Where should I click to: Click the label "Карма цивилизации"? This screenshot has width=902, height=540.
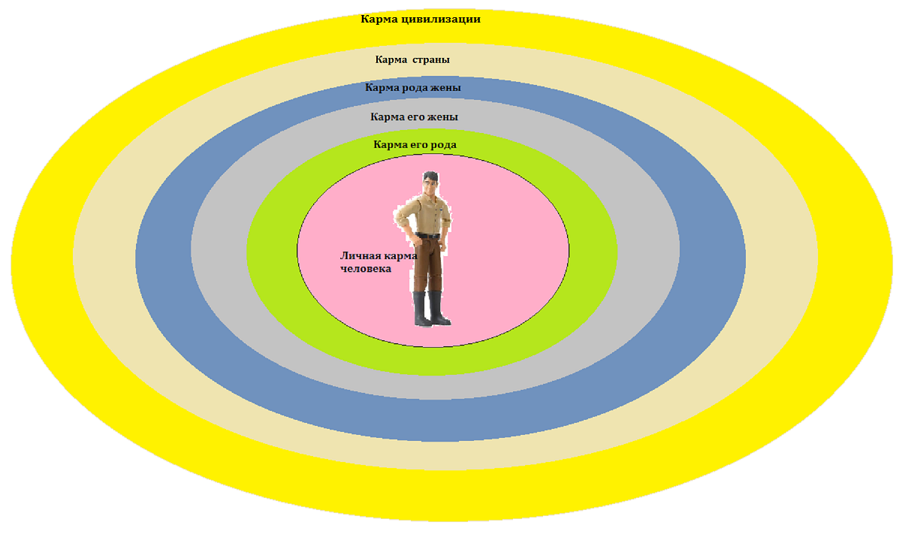pos(420,20)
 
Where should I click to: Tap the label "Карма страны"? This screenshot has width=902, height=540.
pos(412,59)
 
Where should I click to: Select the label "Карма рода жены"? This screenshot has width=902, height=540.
pos(413,88)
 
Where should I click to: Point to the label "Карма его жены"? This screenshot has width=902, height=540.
pos(414,117)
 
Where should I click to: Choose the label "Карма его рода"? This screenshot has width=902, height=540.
pos(415,144)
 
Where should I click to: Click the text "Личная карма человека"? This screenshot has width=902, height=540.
pos(378,262)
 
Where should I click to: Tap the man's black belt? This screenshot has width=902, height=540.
pos(429,237)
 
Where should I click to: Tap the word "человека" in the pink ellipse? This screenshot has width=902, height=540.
pos(366,269)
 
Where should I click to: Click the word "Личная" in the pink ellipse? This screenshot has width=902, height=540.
pos(361,256)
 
